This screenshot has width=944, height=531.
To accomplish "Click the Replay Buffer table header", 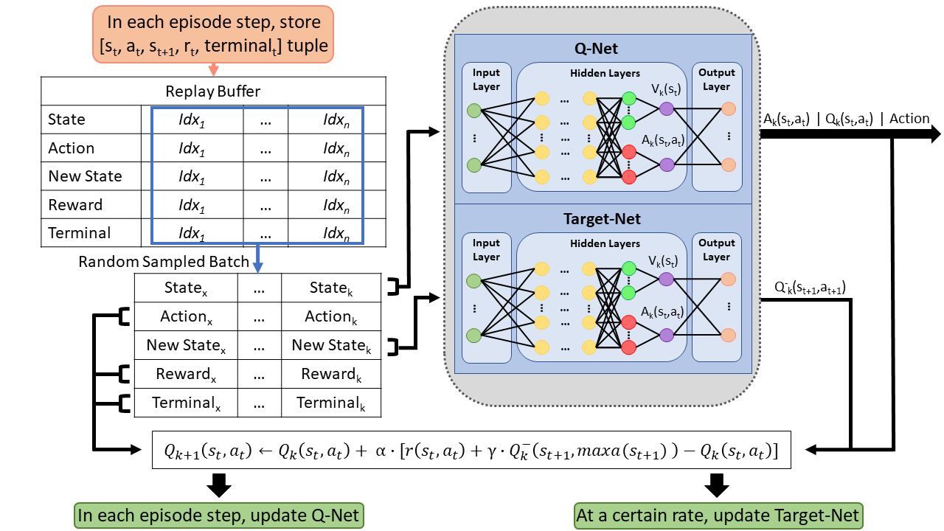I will pos(213,91).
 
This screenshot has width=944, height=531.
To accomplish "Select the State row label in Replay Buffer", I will pos(66,119).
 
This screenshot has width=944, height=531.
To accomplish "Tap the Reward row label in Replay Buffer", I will pos(74,205).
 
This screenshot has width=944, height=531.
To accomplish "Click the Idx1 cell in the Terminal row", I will pos(191,233).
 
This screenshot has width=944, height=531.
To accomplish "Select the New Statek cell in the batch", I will pos(330,345).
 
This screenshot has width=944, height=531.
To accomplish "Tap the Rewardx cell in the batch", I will pos(185,374).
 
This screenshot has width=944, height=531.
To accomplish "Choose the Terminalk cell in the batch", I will pos(330,403).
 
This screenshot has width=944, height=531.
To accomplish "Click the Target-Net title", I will pos(602,219).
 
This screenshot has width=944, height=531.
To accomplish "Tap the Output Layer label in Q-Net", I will pos(717,80).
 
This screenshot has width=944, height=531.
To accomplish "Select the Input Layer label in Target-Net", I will pos(486,250).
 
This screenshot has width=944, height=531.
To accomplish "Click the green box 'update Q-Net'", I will pos(219,515).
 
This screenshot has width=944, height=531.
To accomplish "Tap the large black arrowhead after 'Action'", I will pos(934,134).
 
